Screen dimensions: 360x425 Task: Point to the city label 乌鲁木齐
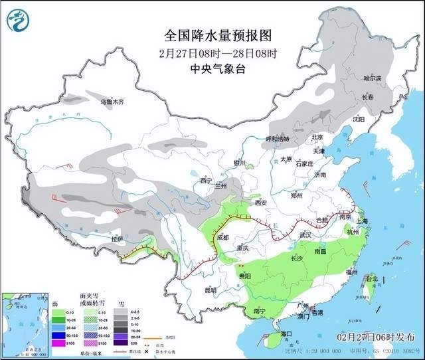click(x=112, y=102)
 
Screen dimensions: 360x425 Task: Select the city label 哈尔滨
click(x=373, y=78)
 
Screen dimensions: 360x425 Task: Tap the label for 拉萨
click(x=117, y=239)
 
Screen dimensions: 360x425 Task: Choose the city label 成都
click(x=221, y=237)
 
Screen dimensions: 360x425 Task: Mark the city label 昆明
click(x=211, y=290)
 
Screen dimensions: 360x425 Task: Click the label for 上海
click(x=362, y=221)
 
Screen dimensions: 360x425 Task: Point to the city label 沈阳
click(x=359, y=119)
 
